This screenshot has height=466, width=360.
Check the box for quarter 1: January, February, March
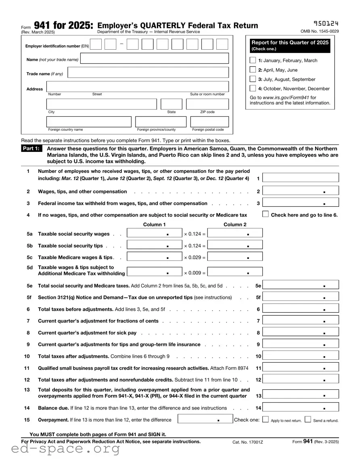tap(253, 60)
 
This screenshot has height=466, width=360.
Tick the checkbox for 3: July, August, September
tap(253, 79)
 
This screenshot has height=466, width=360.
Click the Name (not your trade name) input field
tap(155, 59)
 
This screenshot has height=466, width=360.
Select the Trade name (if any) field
tap(148, 73)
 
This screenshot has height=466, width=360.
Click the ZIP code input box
tap(207, 104)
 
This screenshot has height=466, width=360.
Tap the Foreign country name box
tap(89, 122)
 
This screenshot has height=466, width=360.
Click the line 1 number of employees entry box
tap(301, 178)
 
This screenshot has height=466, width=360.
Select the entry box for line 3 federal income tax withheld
tap(301, 203)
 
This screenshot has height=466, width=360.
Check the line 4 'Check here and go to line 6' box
tap(266, 214)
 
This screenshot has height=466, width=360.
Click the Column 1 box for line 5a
tap(154, 233)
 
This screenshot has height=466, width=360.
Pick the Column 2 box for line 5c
tap(235, 257)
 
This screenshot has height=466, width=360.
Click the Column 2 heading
tap(235, 225)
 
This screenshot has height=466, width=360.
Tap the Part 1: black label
tap(31, 149)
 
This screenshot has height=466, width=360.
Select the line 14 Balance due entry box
tap(301, 408)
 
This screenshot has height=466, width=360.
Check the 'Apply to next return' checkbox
tap(266, 420)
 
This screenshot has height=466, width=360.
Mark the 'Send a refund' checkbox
tap(308, 420)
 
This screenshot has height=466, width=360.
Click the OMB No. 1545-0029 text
tap(320, 31)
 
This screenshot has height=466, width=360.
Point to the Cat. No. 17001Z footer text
tap(247, 442)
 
